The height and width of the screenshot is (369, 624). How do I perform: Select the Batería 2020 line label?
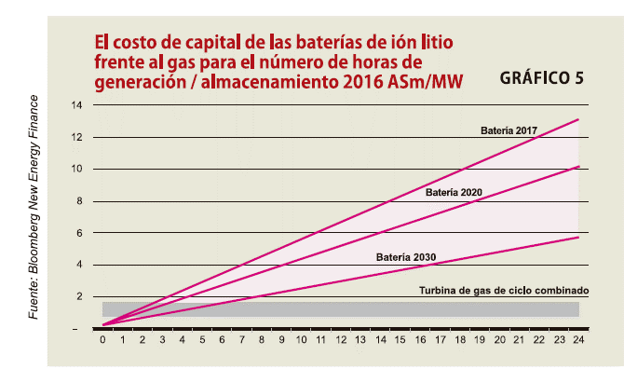[454, 193]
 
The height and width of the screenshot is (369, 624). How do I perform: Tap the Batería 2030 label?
[406, 256]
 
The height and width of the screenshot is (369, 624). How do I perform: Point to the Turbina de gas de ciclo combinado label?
[505, 290]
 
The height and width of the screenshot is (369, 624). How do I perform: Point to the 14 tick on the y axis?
[76, 105]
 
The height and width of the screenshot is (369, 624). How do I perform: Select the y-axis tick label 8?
[79, 201]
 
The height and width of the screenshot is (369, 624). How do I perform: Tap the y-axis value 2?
[79, 296]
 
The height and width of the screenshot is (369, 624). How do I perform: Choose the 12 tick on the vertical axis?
[76, 137]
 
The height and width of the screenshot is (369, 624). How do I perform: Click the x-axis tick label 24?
[579, 340]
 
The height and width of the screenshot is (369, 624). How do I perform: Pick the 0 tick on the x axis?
[102, 340]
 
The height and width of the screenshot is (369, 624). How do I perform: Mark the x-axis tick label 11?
[320, 340]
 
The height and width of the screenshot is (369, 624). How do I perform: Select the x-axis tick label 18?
[460, 340]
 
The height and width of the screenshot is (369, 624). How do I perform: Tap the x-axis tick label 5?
[202, 340]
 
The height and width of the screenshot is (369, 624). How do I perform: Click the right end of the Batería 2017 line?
[578, 120]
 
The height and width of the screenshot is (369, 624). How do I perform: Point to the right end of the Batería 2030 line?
[578, 238]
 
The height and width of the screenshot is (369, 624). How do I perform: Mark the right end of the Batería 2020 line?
[578, 167]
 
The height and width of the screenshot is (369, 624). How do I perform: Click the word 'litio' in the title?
[439, 42]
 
